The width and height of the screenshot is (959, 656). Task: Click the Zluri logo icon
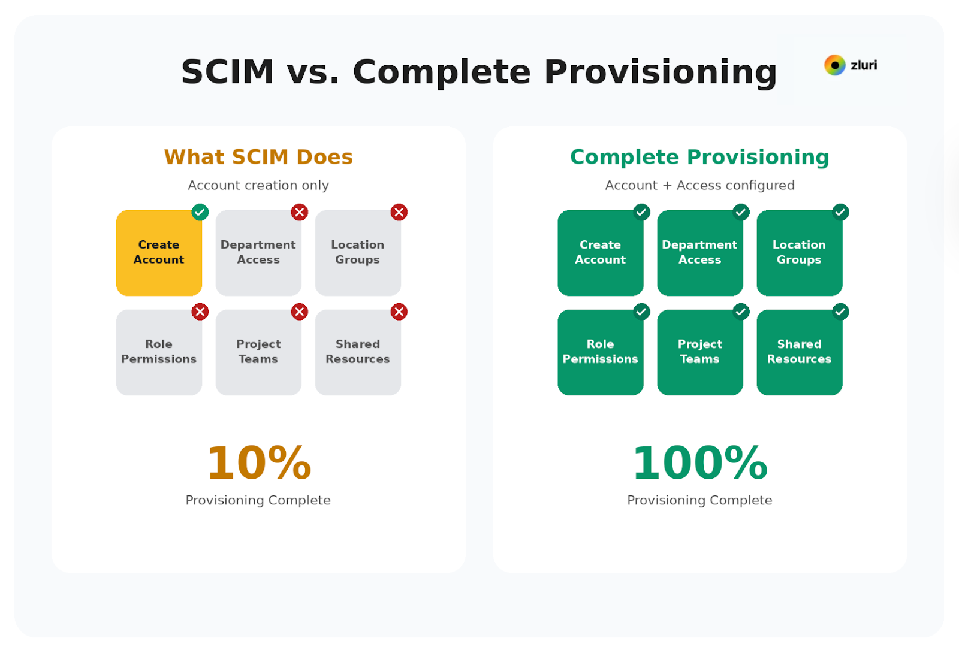coord(834,65)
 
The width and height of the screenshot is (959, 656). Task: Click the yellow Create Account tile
coord(159,253)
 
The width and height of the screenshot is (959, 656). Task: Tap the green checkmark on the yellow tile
coord(200,212)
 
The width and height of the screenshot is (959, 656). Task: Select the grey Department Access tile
coord(258,253)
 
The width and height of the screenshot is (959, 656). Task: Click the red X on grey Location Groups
coord(399,212)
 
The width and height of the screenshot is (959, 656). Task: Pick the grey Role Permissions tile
coord(159,352)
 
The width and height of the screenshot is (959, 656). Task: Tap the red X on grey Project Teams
coord(300,312)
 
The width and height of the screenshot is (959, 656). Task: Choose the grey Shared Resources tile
coord(358,352)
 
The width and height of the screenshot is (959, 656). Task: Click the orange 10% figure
coord(259,463)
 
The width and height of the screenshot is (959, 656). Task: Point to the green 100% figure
coord(700,463)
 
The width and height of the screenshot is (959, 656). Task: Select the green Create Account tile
coord(600,253)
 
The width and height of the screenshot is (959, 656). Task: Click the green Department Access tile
coord(699,253)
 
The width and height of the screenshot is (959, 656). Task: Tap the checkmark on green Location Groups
coord(840,212)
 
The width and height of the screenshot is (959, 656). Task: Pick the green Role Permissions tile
coord(600,352)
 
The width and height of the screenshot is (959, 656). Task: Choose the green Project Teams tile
coord(699,352)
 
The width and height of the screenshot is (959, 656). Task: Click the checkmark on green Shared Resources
coord(840,312)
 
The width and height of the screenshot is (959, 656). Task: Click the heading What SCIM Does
coord(258,157)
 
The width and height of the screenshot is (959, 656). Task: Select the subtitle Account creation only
coord(258,185)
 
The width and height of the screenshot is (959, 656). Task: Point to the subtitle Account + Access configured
coord(699,185)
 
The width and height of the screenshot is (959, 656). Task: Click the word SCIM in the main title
coord(228,72)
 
